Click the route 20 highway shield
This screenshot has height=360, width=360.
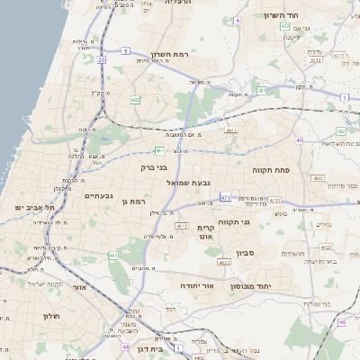tap(102, 59)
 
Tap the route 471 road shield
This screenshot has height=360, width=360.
tap(224, 196)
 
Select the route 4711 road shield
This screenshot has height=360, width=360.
tap(274, 201)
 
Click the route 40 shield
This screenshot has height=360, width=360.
tap(299, 140)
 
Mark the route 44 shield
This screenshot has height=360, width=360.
tap(125, 346)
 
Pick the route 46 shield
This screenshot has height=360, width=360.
tap(341, 322)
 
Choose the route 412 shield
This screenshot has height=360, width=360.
tap(182, 225)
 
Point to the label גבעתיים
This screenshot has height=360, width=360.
tap(98, 195)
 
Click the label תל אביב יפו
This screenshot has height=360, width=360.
tap(35, 208)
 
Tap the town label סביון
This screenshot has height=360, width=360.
tap(247, 253)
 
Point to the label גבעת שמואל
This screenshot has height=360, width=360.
tap(188, 183)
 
